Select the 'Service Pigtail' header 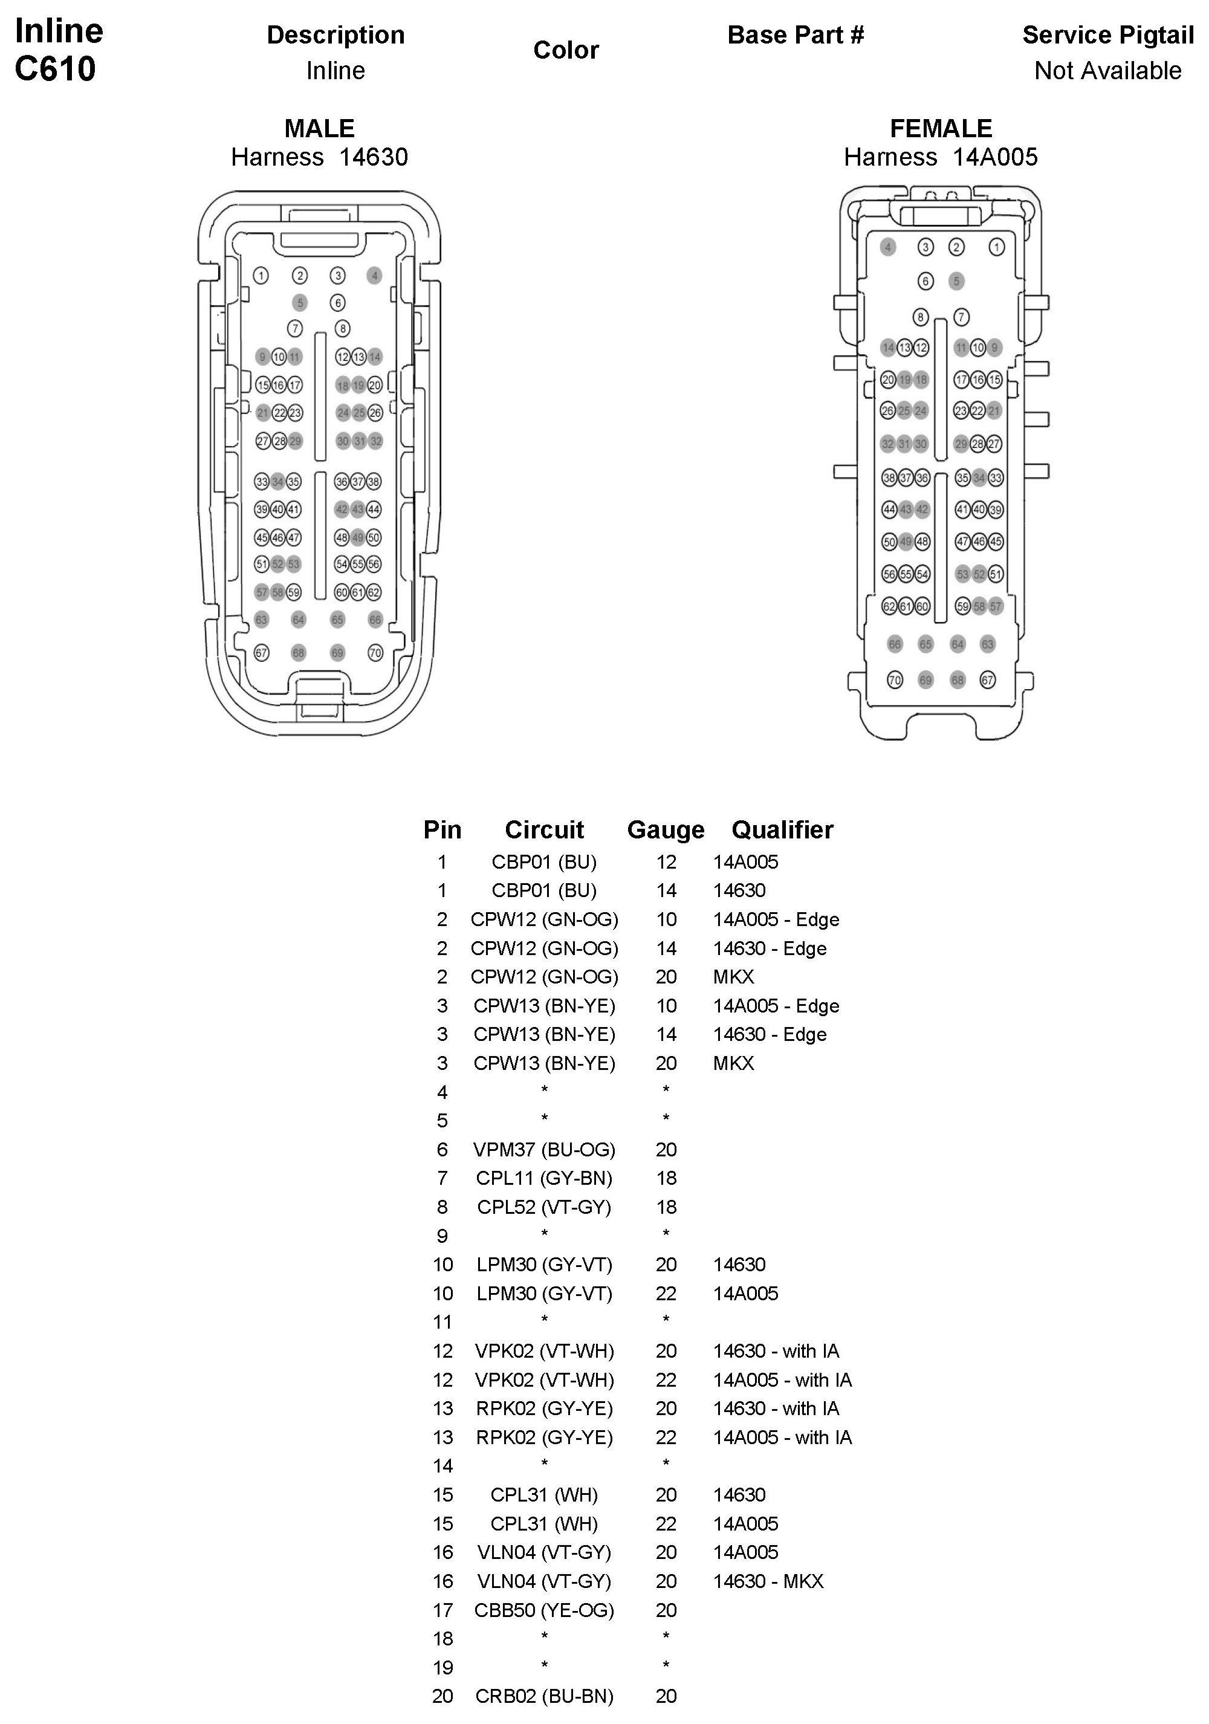click(x=1107, y=35)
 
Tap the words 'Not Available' click(x=1107, y=71)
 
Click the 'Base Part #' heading click(x=796, y=35)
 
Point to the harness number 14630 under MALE click(x=373, y=157)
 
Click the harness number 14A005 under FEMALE click(x=994, y=157)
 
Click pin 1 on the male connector click(x=261, y=276)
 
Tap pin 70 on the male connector click(x=375, y=652)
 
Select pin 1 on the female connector click(x=996, y=247)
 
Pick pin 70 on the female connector click(x=895, y=680)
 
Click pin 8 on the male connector click(x=342, y=328)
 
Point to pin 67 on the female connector click(x=988, y=680)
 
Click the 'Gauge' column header click(x=666, y=830)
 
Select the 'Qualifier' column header click(x=782, y=830)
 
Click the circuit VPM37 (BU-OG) click(x=543, y=1150)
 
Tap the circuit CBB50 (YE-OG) click(x=543, y=1610)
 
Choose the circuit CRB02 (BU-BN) click(x=543, y=1697)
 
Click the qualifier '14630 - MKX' click(x=768, y=1581)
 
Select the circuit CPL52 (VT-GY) click(x=543, y=1207)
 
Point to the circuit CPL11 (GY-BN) click(x=543, y=1178)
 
